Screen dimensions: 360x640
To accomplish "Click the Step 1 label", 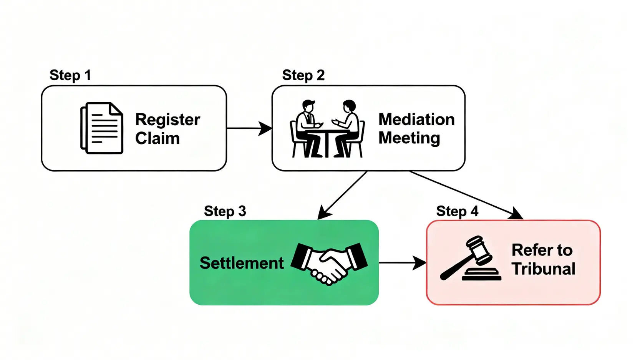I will (70, 75).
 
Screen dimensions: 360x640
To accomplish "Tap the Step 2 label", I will (303, 75).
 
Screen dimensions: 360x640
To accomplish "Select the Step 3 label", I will (225, 211).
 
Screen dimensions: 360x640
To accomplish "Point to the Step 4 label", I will (457, 211).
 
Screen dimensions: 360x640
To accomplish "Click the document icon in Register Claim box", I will (102, 128).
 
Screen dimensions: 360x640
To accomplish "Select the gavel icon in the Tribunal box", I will (470, 258).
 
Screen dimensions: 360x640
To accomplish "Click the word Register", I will (167, 120).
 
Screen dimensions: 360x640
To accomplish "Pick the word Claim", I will (157, 138).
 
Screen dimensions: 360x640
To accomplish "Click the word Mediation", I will (416, 119).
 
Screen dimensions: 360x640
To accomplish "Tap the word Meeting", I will (409, 138).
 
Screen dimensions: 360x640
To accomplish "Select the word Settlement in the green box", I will (242, 263).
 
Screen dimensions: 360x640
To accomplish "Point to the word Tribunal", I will (544, 269).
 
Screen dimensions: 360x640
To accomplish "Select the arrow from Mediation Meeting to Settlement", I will (342, 195).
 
